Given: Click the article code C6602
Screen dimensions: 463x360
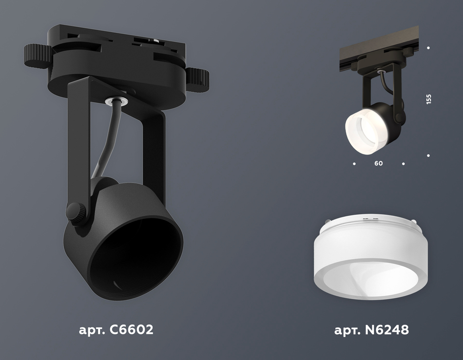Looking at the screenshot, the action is coord(131,329).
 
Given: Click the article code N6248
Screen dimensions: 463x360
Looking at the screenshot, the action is coord(387,329).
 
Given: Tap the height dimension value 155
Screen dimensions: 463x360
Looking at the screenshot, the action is coord(429,99).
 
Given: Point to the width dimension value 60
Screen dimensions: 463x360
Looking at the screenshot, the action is coord(379,163).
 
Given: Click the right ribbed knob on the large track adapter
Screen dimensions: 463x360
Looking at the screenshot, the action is coord(198,79).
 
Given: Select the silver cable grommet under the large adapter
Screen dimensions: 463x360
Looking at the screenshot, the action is coord(117,100).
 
